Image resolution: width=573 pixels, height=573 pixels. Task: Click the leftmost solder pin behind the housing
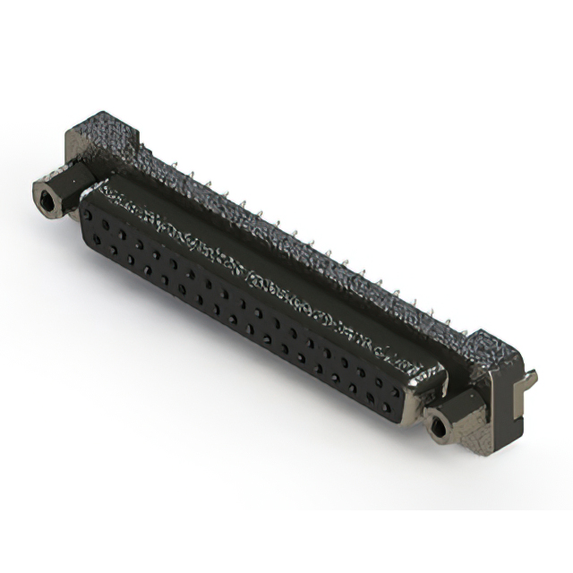coord(175,166)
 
